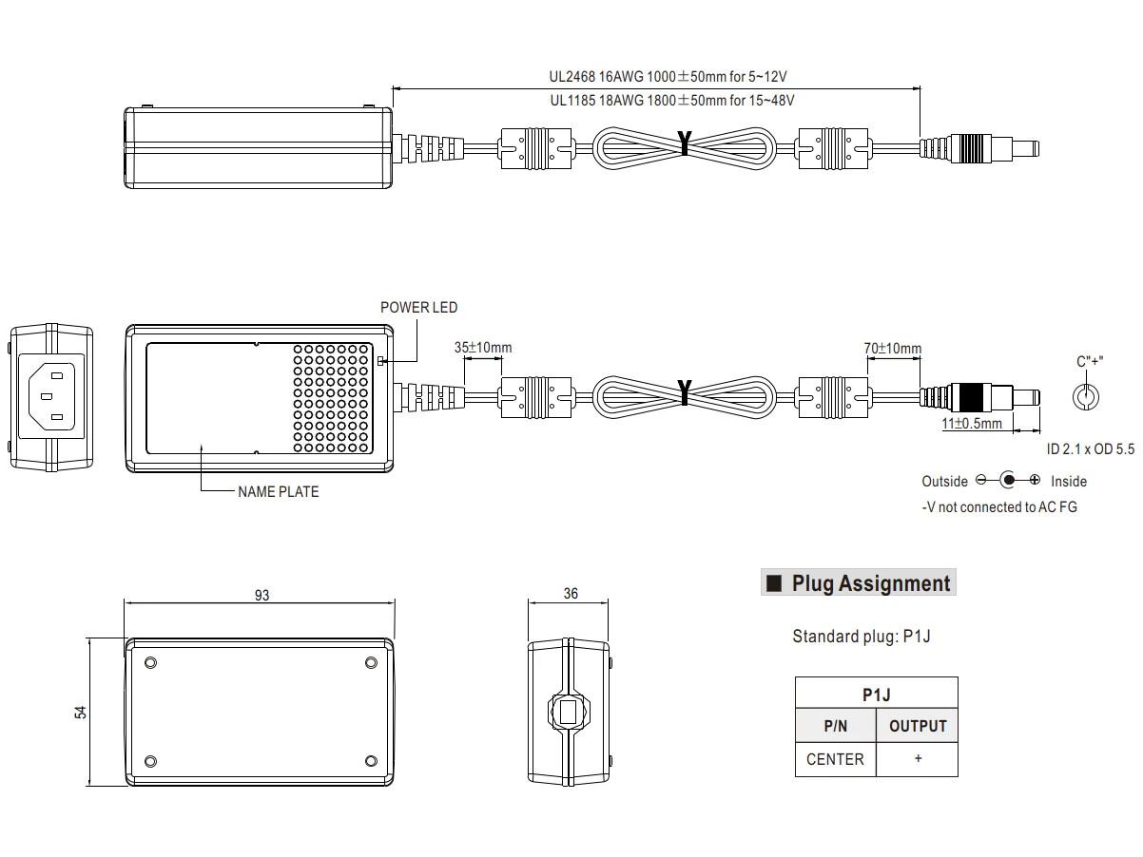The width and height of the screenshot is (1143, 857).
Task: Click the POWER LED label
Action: (x=418, y=308)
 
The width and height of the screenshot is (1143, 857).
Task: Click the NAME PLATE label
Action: (x=278, y=492)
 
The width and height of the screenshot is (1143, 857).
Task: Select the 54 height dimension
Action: (x=81, y=712)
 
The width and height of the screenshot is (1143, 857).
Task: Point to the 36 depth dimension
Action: (x=571, y=595)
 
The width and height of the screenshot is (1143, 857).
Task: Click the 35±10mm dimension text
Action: (x=483, y=348)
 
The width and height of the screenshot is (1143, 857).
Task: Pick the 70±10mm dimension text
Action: (x=892, y=349)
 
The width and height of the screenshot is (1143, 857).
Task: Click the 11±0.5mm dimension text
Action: (x=971, y=424)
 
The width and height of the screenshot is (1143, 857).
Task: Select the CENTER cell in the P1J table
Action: (x=835, y=759)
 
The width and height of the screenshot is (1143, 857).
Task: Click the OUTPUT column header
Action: (x=918, y=727)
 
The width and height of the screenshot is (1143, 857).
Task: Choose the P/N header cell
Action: (x=835, y=727)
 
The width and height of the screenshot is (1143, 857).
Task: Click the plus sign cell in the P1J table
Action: (x=918, y=759)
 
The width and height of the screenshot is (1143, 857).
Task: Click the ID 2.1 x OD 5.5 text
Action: (x=1090, y=446)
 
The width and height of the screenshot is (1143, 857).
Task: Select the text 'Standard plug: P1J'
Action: (x=861, y=637)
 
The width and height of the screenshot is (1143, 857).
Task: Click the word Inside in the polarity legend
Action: (x=1069, y=482)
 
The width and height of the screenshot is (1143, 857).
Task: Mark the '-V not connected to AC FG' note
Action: (x=999, y=507)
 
